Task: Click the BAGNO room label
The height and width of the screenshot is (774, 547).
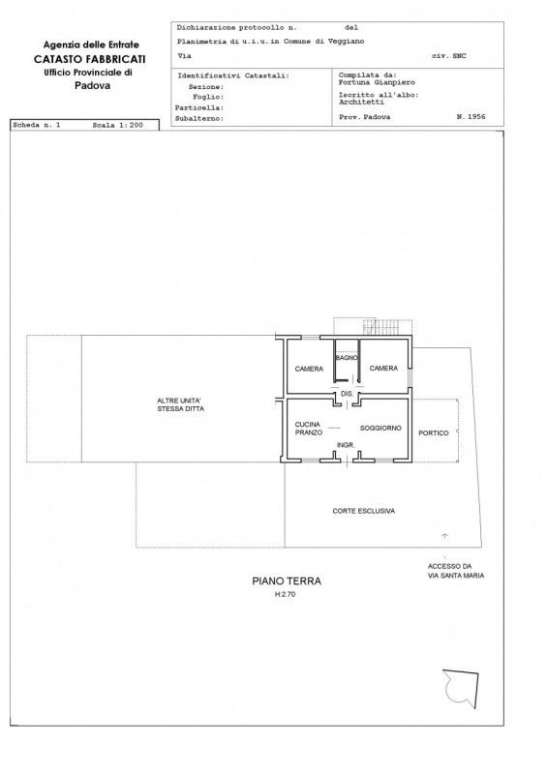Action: pyautogui.click(x=347, y=357)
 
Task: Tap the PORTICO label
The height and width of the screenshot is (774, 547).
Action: pyautogui.click(x=434, y=432)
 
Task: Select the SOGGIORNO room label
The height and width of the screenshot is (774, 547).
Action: pyautogui.click(x=380, y=428)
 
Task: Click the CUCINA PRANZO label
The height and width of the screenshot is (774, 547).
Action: pyautogui.click(x=308, y=429)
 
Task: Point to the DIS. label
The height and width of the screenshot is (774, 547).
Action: pyautogui.click(x=347, y=394)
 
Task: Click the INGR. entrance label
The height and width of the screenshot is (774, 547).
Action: pyautogui.click(x=346, y=445)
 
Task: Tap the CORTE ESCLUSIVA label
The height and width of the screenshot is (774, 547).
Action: pyautogui.click(x=364, y=511)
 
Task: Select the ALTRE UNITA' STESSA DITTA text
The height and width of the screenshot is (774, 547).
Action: pyautogui.click(x=180, y=404)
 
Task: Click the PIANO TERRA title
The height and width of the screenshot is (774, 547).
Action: pyautogui.click(x=287, y=581)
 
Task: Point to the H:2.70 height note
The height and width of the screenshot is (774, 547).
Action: pyautogui.click(x=285, y=594)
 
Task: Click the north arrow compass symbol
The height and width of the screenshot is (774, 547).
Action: pyautogui.click(x=461, y=689)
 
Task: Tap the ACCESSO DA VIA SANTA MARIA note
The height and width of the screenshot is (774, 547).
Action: pyautogui.click(x=456, y=571)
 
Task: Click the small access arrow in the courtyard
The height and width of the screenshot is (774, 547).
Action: pyautogui.click(x=444, y=535)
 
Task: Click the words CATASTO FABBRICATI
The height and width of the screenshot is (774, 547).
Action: pyautogui.click(x=89, y=59)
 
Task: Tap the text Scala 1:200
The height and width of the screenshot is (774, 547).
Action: pyautogui.click(x=117, y=125)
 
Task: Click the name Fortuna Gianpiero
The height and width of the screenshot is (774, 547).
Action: pyautogui.click(x=377, y=82)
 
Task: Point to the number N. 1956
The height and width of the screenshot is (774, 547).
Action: pyautogui.click(x=471, y=117)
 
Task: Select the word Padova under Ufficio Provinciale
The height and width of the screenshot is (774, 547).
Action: pyautogui.click(x=92, y=85)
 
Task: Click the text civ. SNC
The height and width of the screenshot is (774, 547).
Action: pyautogui.click(x=448, y=56)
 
